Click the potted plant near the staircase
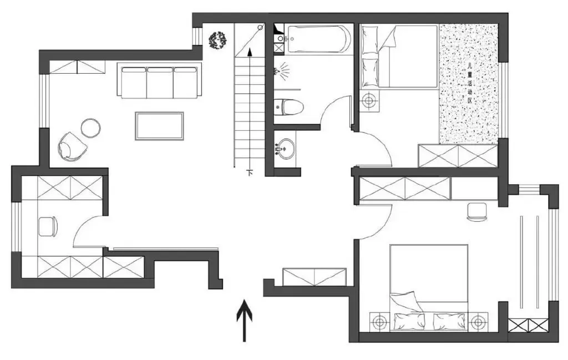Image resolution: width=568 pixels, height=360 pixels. pos(217,40)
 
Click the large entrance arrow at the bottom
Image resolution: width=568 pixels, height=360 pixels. pos(244,321)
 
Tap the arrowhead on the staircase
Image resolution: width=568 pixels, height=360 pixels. pos(250,52)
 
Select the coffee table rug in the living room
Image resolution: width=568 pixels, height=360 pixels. pos(159,126)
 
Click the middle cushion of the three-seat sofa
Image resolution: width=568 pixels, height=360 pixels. pos(160,83)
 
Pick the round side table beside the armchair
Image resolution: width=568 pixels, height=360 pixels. pos(90,128)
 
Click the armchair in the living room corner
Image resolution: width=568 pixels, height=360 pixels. pos(72,146)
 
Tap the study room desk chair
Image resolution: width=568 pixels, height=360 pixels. pos(48,226)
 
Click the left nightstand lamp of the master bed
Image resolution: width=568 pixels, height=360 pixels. pos(379,322)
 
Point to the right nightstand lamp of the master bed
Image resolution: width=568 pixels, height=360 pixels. pos(479,322)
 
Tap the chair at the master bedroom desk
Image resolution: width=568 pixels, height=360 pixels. pos(477,212)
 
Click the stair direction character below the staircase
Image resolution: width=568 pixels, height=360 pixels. pos(250,173)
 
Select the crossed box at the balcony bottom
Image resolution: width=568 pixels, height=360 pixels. pos(528,325)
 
